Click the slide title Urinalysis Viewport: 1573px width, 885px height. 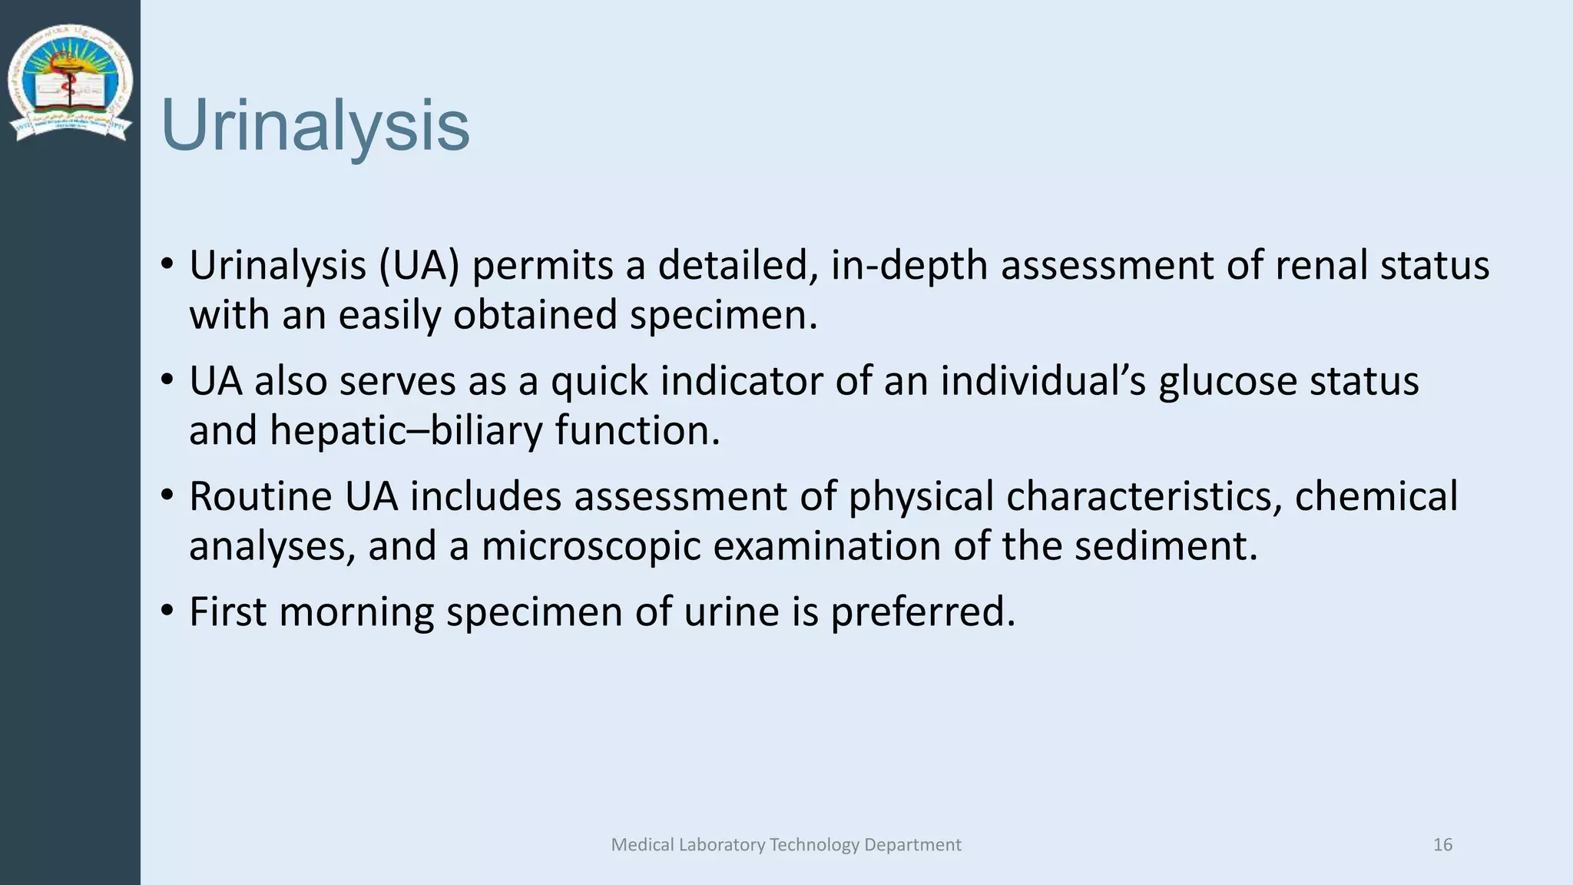[315, 125]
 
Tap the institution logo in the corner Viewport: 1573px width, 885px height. [70, 83]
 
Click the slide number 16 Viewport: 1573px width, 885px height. [1442, 845]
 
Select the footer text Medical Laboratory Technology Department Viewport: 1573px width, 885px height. [786, 845]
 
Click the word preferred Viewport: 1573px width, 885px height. [922, 612]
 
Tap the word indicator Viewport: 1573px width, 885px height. [741, 381]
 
